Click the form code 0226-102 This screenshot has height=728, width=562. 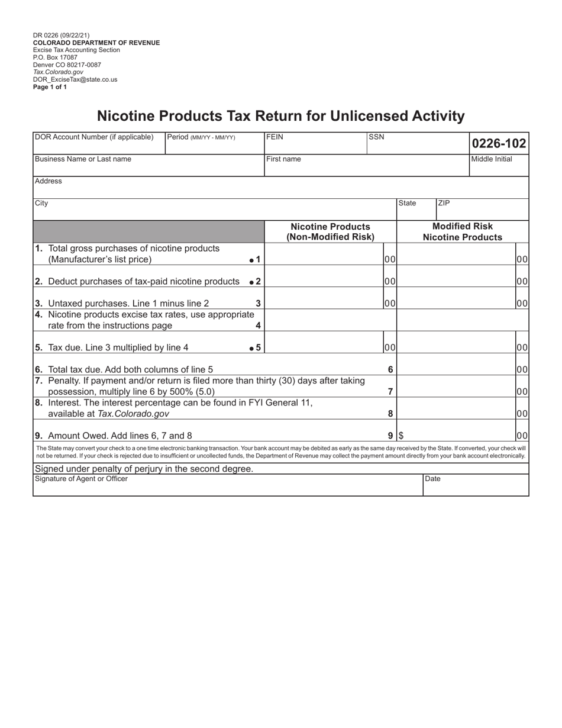coord(499,143)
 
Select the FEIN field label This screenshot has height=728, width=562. coord(275,137)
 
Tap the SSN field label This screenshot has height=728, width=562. coord(376,137)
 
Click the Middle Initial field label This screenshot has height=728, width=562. coord(492,159)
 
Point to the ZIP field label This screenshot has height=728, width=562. coord(444,203)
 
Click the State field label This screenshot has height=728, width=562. coord(407,203)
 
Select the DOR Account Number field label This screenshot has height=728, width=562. coord(94,137)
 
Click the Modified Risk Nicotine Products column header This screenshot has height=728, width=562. coord(462,232)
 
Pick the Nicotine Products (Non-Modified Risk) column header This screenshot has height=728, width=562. coord(330,232)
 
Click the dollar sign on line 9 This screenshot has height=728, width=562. coord(401,436)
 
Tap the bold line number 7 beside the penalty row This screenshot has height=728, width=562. coord(390,391)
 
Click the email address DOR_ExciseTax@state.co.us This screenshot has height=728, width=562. coord(75,79)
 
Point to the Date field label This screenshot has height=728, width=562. coord(433,479)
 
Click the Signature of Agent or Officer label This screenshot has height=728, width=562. coord(81,479)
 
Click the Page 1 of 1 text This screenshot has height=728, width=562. coord(50,87)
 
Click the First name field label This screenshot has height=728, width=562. coord(283,159)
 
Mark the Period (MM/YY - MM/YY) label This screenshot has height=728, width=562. coord(201,137)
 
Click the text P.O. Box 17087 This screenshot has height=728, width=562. coord(55,57)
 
